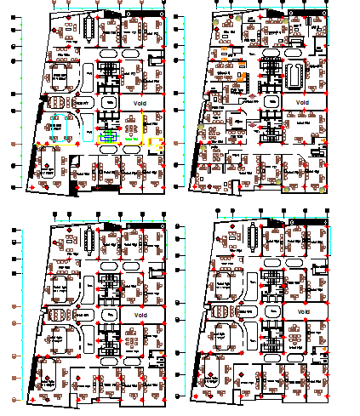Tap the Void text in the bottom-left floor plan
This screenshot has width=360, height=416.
tap(136, 314)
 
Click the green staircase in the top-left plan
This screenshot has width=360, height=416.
tap(108, 135)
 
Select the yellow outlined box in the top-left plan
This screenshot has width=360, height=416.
tap(156, 145)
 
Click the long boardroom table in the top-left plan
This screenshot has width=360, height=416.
tap(91, 30)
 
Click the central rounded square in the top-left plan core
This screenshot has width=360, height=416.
tap(108, 101)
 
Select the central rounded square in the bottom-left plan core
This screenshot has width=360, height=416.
tap(109, 314)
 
